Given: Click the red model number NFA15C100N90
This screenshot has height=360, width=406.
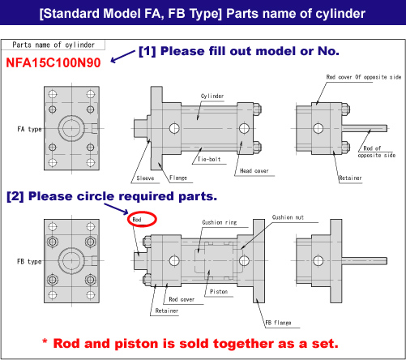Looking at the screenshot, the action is click(x=53, y=62).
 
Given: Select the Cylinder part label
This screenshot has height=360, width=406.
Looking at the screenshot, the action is click(x=212, y=96).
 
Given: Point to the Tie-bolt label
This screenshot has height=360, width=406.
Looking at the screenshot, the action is click(x=209, y=159).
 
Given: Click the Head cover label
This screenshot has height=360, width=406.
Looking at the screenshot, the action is click(x=254, y=171).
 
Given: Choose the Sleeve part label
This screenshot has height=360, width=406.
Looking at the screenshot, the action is click(x=145, y=178).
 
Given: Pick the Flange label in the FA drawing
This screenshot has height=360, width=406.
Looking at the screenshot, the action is click(x=178, y=178).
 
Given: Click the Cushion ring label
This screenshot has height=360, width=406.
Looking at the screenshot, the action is click(x=220, y=222).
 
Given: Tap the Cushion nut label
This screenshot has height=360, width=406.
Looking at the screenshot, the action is click(x=288, y=217).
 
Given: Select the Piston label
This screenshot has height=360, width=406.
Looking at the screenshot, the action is click(x=219, y=292).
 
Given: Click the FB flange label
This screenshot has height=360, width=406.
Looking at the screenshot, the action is click(x=278, y=323).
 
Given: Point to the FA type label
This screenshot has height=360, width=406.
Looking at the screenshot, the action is click(x=29, y=129).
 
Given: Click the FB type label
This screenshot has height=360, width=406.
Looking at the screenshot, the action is click(x=29, y=262).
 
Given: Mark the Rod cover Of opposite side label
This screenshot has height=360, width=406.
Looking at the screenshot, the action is click(x=364, y=77).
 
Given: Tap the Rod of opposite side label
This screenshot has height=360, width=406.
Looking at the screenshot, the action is click(x=377, y=152).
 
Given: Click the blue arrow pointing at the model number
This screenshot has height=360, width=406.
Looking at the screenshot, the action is click(x=122, y=57).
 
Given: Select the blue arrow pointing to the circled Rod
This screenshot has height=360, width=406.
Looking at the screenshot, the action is click(x=116, y=209).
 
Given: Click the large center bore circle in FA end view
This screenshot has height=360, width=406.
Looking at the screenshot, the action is click(x=71, y=128).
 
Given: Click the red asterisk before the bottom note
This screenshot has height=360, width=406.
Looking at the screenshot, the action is click(x=45, y=341).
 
